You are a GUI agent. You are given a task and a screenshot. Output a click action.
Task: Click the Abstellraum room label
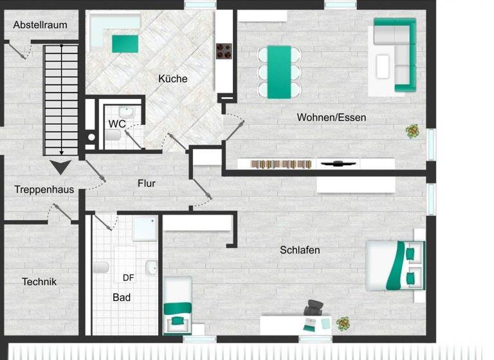pyautogui.click(x=40, y=26)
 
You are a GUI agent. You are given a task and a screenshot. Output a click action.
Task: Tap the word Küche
pyautogui.click(x=174, y=78)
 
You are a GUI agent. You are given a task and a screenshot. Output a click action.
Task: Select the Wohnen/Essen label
pyautogui.click(x=331, y=117)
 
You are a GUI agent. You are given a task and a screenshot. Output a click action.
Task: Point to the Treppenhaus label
pyautogui.click(x=44, y=190)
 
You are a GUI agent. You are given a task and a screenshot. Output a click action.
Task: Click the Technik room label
pyautogui.click(x=39, y=282)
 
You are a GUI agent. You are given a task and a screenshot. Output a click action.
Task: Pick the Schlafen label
pyautogui.click(x=300, y=250)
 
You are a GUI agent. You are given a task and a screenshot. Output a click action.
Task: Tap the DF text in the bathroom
pyautogui.click(x=129, y=278)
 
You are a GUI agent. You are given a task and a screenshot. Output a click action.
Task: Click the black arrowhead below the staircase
pyautogui.click(x=61, y=168)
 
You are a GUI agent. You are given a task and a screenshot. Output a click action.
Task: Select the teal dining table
pyautogui.click(x=279, y=71)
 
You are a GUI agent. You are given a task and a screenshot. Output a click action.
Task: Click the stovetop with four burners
pyautogui.click(x=224, y=51)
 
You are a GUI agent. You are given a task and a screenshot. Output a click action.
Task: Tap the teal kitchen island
pyautogui.click(x=125, y=44)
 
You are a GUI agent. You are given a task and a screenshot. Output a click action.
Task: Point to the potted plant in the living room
pyautogui.click(x=412, y=131)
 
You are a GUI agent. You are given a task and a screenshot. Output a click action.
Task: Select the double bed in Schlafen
pyautogui.click(x=395, y=264)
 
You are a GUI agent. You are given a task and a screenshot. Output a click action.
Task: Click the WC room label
pyautogui.click(x=117, y=123)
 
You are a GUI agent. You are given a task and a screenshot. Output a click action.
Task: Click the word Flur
pyautogui.click(x=147, y=183)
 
